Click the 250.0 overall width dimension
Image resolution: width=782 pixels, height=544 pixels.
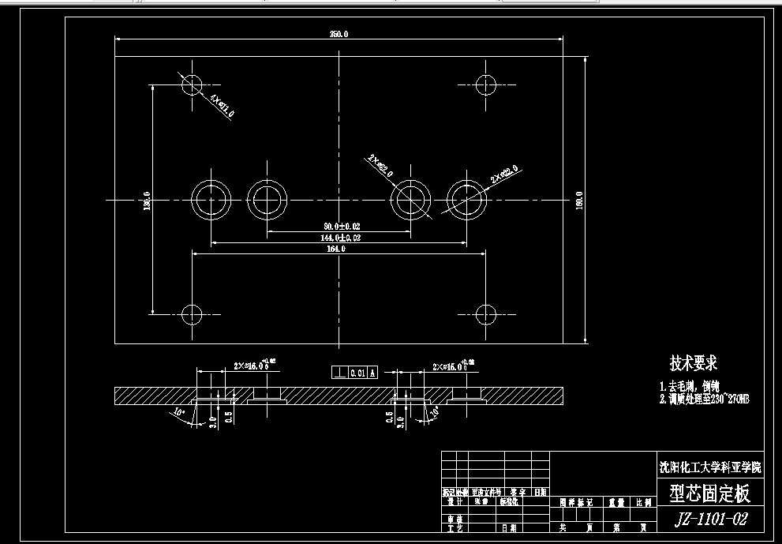tap(339, 34)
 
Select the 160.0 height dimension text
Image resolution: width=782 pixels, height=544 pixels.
tap(579, 199)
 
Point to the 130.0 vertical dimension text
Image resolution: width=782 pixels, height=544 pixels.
tap(147, 199)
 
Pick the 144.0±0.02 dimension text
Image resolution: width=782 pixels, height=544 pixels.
tap(340, 237)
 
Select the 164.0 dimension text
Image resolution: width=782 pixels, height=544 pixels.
tap(336, 248)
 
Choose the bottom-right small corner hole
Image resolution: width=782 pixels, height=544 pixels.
tap(486, 314)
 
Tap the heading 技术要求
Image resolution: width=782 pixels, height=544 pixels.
tap(694, 363)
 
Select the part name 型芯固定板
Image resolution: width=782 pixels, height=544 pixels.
tap(709, 494)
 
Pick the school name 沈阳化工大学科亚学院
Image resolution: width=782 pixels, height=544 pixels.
tap(711, 466)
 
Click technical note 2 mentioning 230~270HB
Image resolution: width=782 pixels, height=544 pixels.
tap(704, 400)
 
